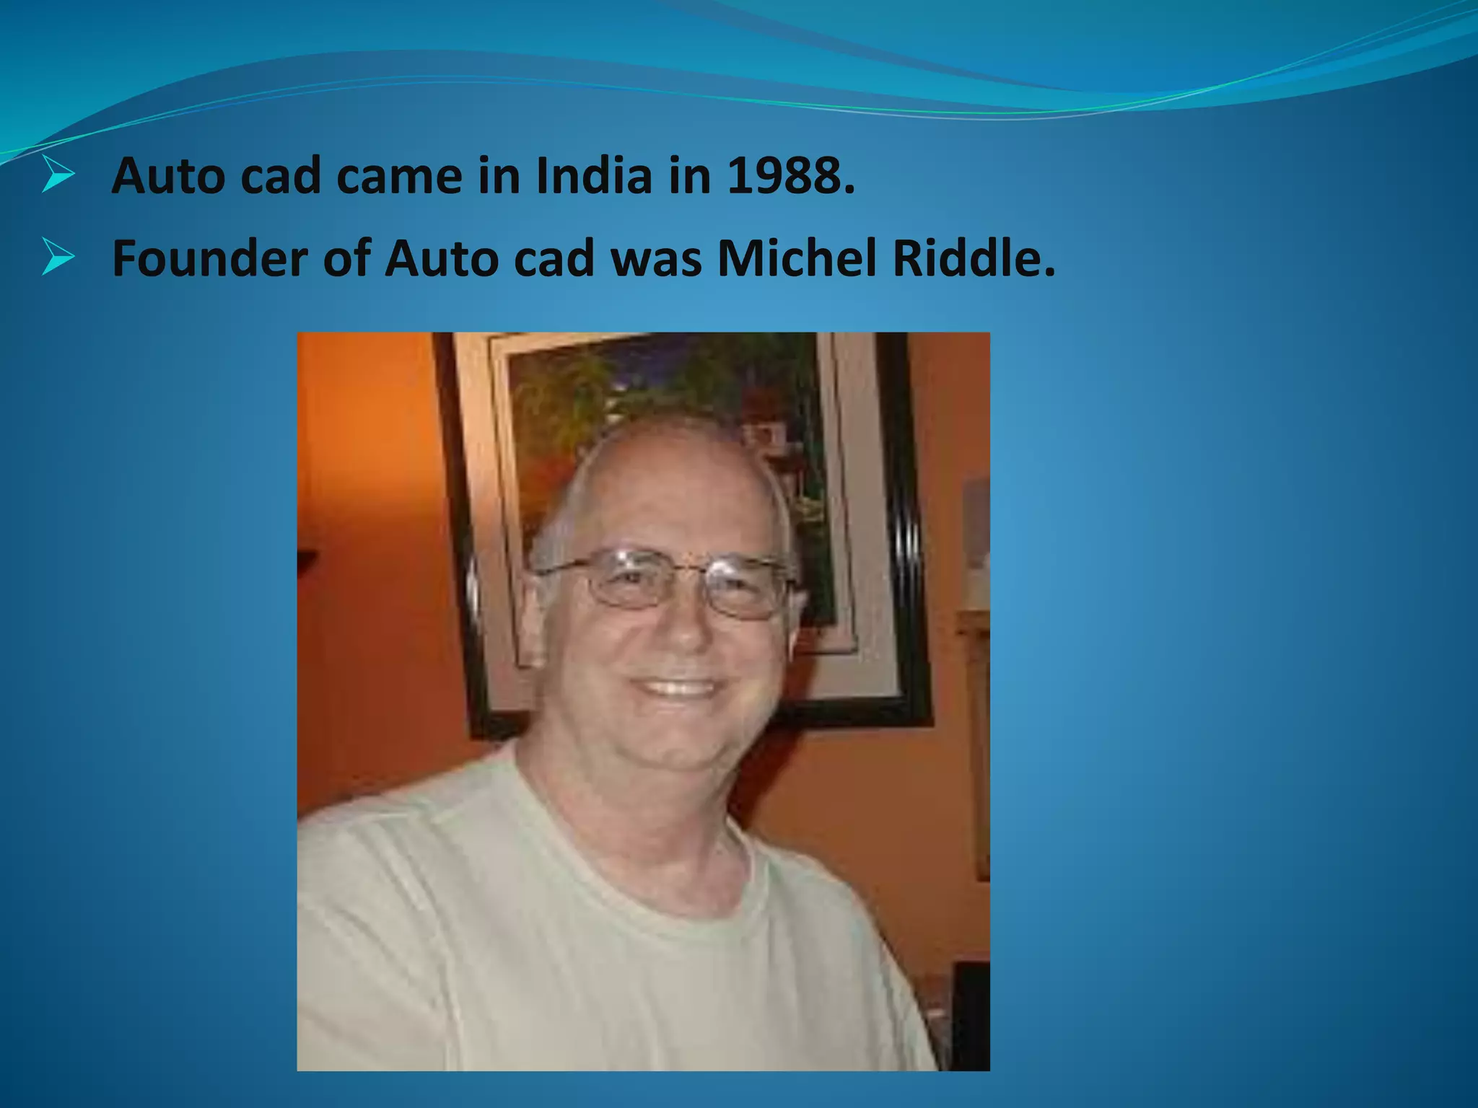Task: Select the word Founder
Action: pyautogui.click(x=210, y=258)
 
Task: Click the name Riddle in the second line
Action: pyautogui.click(x=974, y=258)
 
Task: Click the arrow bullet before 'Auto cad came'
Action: pyautogui.click(x=57, y=175)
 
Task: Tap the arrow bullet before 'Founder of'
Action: pyautogui.click(x=57, y=258)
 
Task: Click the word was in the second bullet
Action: pyautogui.click(x=656, y=258)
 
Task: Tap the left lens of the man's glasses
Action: pyautogui.click(x=625, y=581)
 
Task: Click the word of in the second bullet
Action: pyautogui.click(x=346, y=258)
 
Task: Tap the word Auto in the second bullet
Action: pyautogui.click(x=441, y=258)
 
